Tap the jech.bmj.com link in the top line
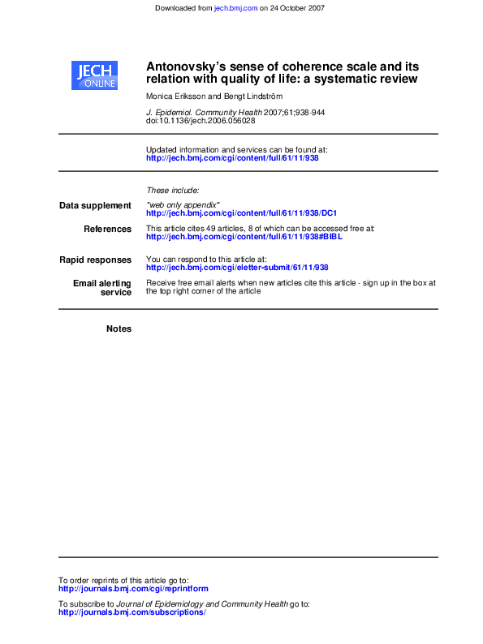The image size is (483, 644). [235, 8]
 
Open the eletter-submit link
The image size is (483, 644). [237, 268]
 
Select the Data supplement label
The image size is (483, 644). [95, 206]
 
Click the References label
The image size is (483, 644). [107, 230]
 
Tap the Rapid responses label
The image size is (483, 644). [95, 260]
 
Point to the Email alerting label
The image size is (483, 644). [101, 283]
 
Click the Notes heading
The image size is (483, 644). [119, 328]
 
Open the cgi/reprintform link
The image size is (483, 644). [133, 589]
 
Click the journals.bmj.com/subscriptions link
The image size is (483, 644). [132, 612]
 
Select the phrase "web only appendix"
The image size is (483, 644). [183, 205]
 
